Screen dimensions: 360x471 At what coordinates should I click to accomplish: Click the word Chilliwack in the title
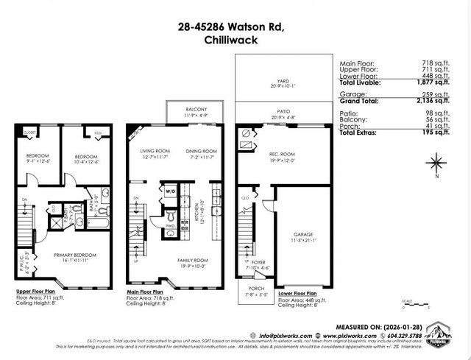point(235,42)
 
